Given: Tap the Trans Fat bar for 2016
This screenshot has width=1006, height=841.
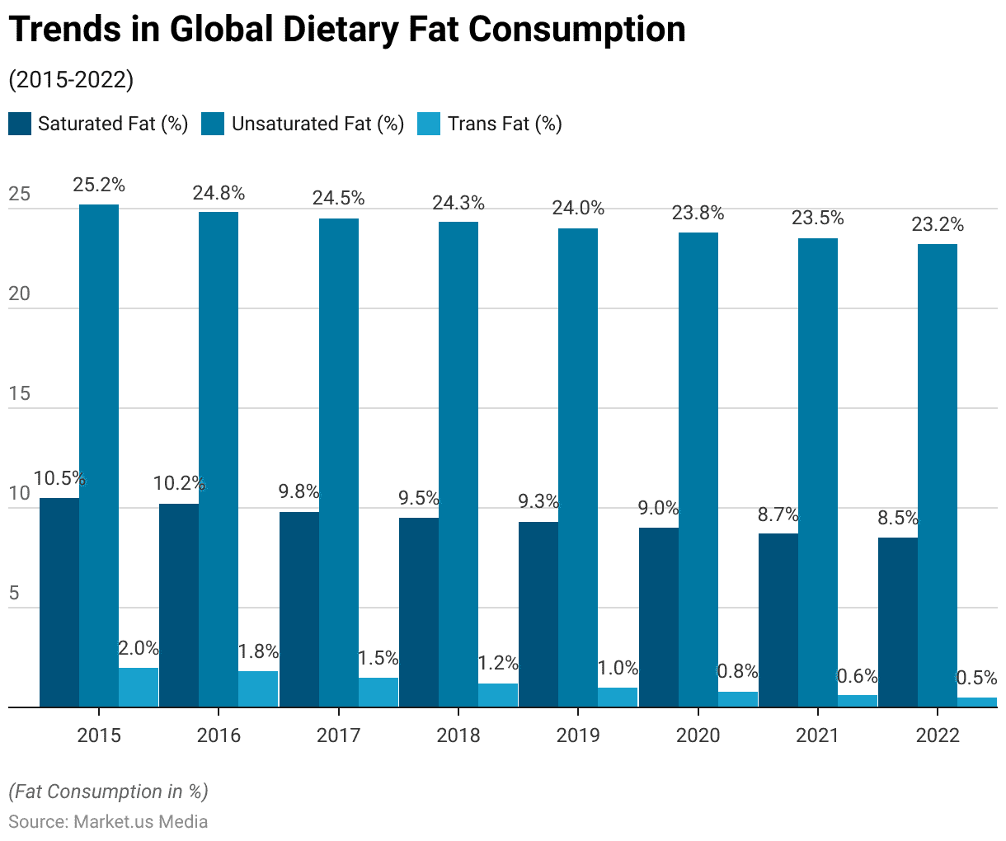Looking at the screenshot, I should (x=258, y=689).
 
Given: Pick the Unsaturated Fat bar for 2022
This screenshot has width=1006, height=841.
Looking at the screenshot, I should (x=938, y=475).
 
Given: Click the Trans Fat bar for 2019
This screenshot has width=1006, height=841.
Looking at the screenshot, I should (x=618, y=698).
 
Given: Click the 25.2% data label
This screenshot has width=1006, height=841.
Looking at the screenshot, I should (x=99, y=186).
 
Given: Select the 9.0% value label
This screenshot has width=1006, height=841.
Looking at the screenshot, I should (x=659, y=508).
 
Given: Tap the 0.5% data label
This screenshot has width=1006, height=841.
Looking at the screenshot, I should (x=976, y=678).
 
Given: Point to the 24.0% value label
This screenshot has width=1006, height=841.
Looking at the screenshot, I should (x=578, y=209).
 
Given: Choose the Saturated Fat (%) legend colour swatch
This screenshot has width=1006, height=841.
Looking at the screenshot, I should (x=20, y=124).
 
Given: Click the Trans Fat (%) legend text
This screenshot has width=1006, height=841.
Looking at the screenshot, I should (x=505, y=124).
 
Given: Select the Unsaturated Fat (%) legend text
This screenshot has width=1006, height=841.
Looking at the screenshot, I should (x=318, y=124).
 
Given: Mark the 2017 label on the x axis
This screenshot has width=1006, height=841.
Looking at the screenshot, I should (x=339, y=735).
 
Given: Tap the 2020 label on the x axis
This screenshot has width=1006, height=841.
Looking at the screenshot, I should (x=698, y=735).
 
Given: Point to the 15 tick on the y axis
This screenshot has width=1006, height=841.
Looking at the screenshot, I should (x=20, y=393).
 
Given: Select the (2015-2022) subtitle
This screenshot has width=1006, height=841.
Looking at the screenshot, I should (x=71, y=80).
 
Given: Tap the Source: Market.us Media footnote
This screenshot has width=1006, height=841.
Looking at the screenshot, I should (x=108, y=822).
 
